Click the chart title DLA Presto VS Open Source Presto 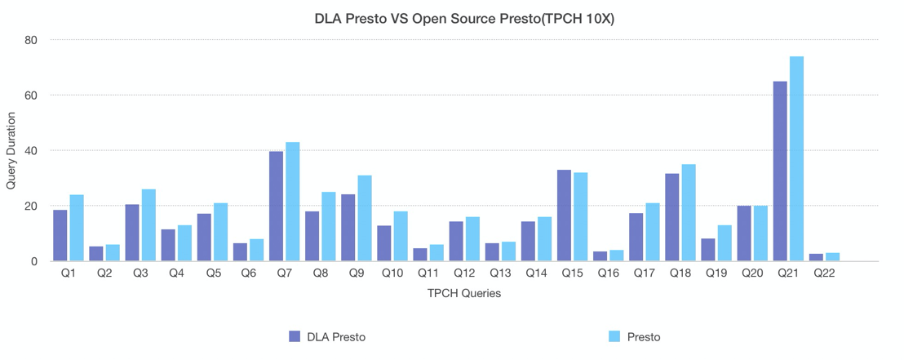[463, 18]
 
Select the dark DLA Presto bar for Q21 [780, 171]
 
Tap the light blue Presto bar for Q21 [796, 159]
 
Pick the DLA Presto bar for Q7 [276, 207]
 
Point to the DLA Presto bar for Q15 [564, 216]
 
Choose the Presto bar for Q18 [689, 213]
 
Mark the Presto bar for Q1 [77, 228]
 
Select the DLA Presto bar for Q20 [744, 233]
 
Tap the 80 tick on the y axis [32, 40]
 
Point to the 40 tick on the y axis [32, 151]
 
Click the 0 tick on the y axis [35, 261]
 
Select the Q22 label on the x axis [824, 274]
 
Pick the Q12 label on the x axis [464, 274]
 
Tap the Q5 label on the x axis [213, 274]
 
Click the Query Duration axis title [11, 150]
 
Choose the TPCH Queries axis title [463, 293]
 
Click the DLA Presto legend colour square [295, 336]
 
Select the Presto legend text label [644, 336]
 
